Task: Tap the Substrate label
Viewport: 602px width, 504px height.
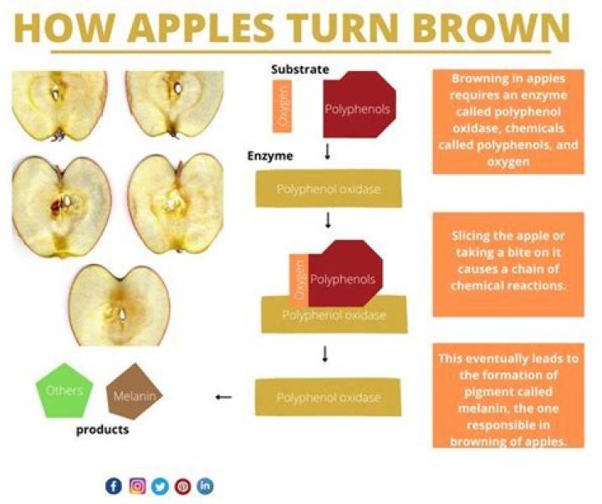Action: point(300,69)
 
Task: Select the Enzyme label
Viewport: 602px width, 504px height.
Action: point(269,156)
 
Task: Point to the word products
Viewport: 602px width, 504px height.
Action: point(103,430)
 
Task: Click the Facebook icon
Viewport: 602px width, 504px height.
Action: point(114,486)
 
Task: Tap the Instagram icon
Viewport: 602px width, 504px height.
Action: point(137,486)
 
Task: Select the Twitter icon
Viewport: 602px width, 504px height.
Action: point(160,486)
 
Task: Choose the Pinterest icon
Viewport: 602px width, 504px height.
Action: point(182,486)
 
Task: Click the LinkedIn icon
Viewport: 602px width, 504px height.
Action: point(205,486)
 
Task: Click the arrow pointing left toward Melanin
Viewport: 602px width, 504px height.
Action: point(223,397)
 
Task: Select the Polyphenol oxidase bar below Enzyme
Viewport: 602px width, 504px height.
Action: point(328,190)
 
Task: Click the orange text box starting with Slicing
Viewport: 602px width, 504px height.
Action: point(508,265)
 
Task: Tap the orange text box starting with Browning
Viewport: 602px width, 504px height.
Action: point(508,121)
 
